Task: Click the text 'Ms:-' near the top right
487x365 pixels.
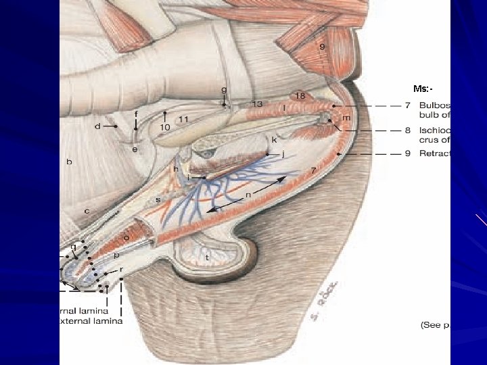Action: click(x=423, y=89)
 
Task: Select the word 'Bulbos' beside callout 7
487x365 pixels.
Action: click(x=434, y=106)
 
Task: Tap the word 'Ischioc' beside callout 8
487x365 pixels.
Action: click(x=435, y=130)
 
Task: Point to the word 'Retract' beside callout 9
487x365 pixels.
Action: click(x=435, y=153)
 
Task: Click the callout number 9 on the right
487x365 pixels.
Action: click(x=408, y=153)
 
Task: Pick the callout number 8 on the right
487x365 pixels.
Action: click(x=408, y=130)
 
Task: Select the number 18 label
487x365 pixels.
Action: click(x=300, y=97)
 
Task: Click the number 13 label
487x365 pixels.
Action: click(x=257, y=104)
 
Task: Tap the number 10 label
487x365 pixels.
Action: click(x=164, y=127)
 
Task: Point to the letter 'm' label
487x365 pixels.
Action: click(x=346, y=118)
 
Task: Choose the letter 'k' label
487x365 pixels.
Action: click(x=275, y=140)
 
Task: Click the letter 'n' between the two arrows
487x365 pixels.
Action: click(x=248, y=195)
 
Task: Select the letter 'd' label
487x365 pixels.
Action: click(x=97, y=126)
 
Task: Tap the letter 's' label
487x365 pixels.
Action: click(x=158, y=199)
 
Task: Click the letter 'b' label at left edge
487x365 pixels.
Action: click(x=69, y=162)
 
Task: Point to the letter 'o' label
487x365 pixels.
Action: click(x=126, y=238)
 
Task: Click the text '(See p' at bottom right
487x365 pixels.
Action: click(x=434, y=325)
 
